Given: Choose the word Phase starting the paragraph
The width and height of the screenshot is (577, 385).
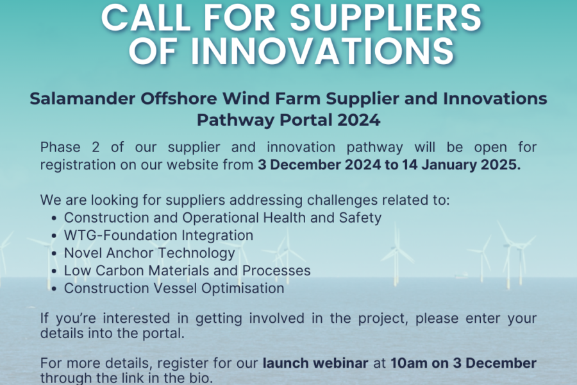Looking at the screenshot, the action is (x=60, y=148).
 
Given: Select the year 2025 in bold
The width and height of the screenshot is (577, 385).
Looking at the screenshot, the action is (x=501, y=165).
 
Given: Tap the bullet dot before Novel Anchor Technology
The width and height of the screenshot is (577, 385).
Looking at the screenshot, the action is (x=54, y=254).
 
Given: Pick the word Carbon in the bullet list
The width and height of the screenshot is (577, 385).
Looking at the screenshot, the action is (x=119, y=271).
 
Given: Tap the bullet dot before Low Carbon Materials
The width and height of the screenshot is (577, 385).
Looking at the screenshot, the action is (x=54, y=271).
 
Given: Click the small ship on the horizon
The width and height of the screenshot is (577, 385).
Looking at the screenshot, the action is (x=460, y=275).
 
